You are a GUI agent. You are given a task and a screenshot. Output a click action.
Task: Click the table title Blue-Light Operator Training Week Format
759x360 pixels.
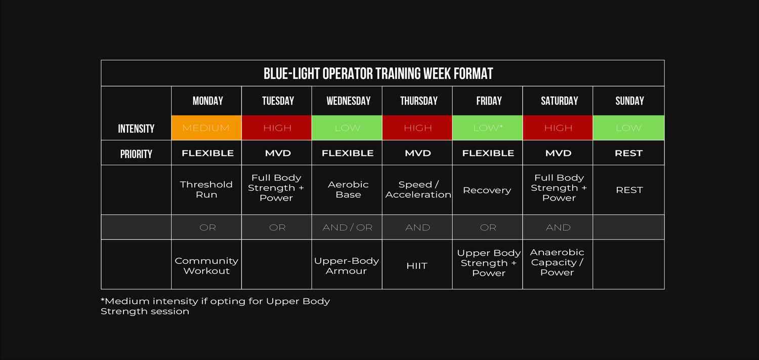[x=378, y=73]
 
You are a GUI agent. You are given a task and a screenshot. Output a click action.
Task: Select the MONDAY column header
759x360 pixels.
[x=207, y=101]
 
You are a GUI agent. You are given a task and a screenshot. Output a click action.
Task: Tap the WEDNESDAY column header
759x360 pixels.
[x=348, y=101]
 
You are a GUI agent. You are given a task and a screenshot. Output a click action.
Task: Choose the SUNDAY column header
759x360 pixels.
[x=629, y=101]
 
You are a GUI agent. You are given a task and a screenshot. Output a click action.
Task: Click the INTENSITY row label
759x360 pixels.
[x=136, y=129]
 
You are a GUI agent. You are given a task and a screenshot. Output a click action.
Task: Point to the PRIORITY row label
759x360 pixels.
[x=136, y=154]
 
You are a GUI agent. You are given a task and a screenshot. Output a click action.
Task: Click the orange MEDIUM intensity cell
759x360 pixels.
[x=206, y=128]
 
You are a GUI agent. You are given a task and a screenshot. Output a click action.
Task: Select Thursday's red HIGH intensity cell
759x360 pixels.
[x=417, y=128]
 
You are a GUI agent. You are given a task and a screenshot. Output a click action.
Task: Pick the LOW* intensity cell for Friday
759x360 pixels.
[x=488, y=128]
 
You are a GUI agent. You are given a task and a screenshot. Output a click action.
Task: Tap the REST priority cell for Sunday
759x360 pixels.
[x=628, y=153]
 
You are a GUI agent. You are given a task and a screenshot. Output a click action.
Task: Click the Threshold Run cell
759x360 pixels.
[x=206, y=189]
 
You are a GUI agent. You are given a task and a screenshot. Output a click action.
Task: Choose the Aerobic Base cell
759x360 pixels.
[x=348, y=189]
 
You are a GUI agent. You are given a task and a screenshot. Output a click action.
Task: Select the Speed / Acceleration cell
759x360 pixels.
[x=418, y=189]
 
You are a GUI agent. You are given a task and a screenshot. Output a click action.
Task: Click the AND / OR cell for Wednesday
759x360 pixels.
[x=347, y=227]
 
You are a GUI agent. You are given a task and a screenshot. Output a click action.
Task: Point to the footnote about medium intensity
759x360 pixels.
[x=215, y=306]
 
